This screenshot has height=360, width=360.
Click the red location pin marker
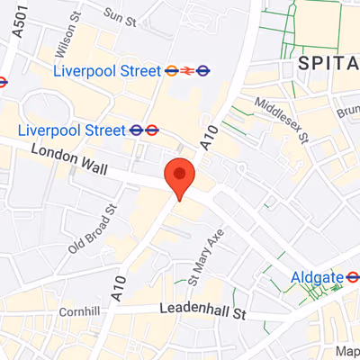point(180,177)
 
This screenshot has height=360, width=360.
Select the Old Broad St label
point(94,228)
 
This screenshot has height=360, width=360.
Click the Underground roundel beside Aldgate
point(351,278)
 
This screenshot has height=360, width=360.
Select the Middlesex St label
point(281,121)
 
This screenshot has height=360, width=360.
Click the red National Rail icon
point(187,69)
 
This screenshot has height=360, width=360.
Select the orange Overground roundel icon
point(171,69)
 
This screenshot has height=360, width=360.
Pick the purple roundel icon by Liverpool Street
point(204,69)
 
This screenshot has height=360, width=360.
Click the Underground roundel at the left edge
point(3,80)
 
